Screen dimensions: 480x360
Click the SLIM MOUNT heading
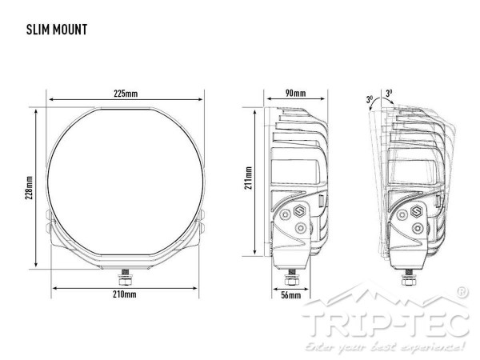pyautogui.click(x=57, y=30)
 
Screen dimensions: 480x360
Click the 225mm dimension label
pyautogui.click(x=126, y=93)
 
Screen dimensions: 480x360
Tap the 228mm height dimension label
pyautogui.click(x=29, y=188)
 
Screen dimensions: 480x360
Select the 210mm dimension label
pyautogui.click(x=125, y=294)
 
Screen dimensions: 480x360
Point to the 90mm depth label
pyautogui.click(x=295, y=93)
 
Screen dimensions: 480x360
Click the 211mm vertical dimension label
pyautogui.click(x=248, y=178)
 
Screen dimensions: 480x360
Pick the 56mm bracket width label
pyautogui.click(x=291, y=295)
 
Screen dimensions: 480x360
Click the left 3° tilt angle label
pyautogui.click(x=370, y=99)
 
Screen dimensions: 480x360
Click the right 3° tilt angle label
pyautogui.click(x=389, y=93)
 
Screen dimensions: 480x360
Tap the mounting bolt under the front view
pyautogui.click(x=126, y=277)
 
